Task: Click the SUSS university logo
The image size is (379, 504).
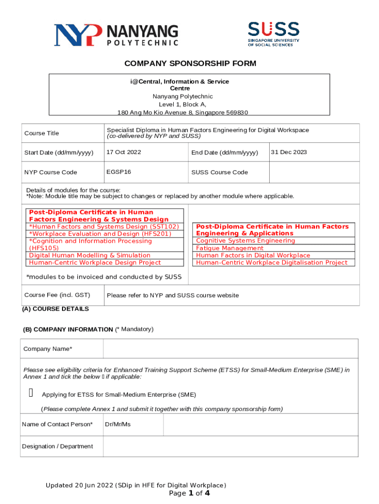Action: point(273,33)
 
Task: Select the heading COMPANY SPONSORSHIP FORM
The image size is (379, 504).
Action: point(190,63)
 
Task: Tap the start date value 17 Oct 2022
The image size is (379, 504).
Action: point(124,152)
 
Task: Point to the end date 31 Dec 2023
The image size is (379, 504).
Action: point(289,152)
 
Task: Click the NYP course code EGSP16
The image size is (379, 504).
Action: point(119,172)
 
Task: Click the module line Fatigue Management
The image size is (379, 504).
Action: point(229,248)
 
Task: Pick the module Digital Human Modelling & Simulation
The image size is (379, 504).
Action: point(90,255)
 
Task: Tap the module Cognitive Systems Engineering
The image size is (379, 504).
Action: point(245,241)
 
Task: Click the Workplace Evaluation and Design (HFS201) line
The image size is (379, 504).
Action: point(100,234)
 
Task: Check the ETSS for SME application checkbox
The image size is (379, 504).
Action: point(31,393)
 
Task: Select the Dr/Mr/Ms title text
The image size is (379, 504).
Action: point(118,424)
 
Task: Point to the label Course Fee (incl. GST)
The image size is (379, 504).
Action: point(57,295)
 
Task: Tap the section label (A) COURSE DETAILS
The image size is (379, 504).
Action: point(56,309)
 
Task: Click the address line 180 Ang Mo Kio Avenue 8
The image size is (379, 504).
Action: point(182,113)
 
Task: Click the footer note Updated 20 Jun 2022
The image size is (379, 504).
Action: point(136,485)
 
